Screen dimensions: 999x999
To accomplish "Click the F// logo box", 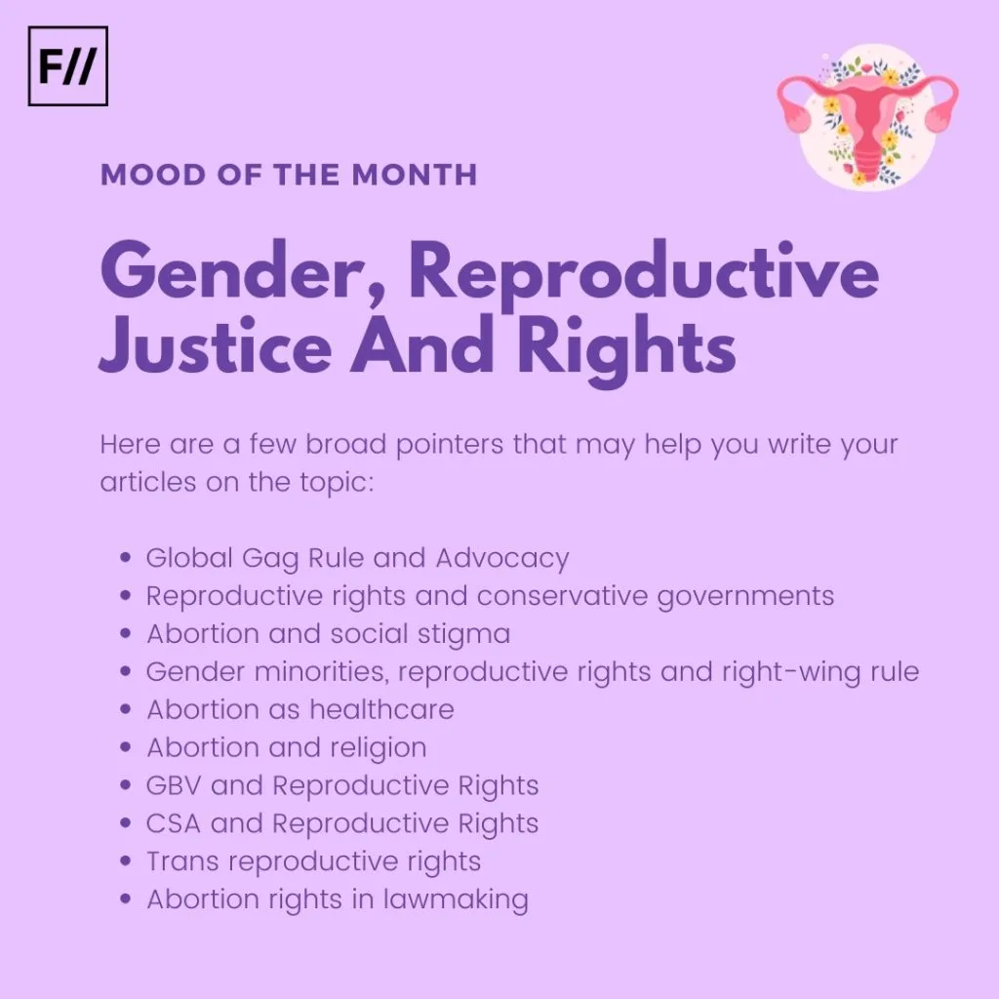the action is tap(68, 65).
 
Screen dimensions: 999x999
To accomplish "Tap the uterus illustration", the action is tap(867, 117).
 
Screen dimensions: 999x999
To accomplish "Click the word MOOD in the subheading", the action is tap(153, 175).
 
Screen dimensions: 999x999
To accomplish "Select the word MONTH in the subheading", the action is tap(414, 175).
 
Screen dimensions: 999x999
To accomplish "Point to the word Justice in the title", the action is tap(216, 345).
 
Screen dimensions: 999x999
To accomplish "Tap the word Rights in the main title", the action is tap(626, 350).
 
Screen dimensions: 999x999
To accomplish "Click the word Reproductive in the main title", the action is tap(644, 273).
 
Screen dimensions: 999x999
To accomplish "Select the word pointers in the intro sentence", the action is tap(449, 445).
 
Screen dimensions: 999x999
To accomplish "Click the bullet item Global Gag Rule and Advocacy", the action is tap(357, 558).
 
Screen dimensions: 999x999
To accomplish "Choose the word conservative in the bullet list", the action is tap(562, 596).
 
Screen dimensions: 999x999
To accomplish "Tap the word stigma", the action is tap(463, 635).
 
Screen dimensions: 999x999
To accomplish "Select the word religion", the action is tap(382, 748).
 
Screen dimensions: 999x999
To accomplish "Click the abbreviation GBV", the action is tap(174, 785).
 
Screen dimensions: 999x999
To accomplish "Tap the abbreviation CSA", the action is tap(174, 823).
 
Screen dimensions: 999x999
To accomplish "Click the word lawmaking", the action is tap(456, 899).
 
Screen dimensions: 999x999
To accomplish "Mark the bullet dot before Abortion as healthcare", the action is tap(126, 709).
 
